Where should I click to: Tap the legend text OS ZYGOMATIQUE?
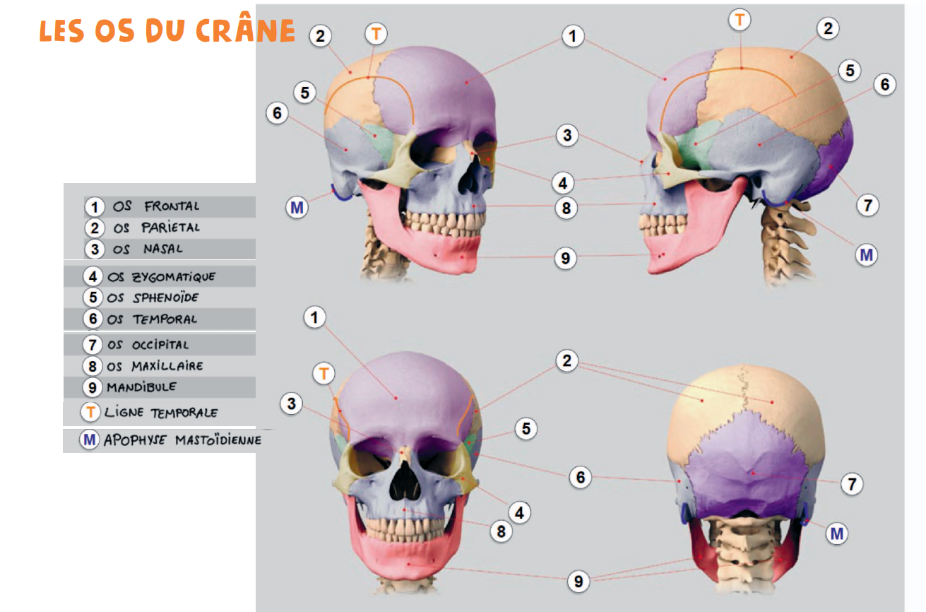coord(162,276)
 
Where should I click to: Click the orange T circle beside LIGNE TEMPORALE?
coord(90,413)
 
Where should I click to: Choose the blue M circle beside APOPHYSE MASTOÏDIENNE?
coord(90,440)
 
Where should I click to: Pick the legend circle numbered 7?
coord(93,345)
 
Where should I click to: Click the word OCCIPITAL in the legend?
coord(160,345)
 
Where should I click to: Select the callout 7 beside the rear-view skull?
coord(852,484)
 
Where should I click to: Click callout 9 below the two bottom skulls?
coord(578,581)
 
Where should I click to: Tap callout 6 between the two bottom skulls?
coord(580,478)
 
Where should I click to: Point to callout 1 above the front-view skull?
coord(314,317)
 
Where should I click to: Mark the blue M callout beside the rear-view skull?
coord(837,533)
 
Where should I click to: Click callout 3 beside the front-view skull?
coord(291,404)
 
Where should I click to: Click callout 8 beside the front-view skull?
coord(501,531)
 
